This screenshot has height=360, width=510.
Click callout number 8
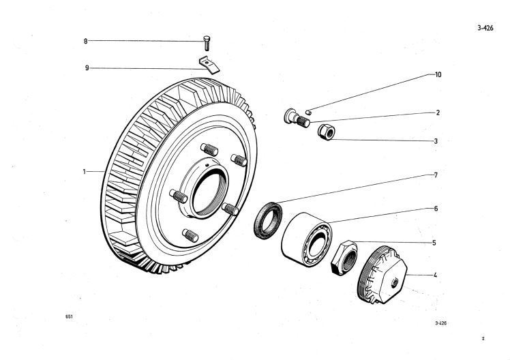(x=86, y=42)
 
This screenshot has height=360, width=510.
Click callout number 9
(x=86, y=67)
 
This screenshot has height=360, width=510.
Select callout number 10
(x=438, y=74)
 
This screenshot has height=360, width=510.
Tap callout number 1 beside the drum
(x=85, y=172)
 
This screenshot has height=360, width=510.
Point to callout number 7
(x=435, y=175)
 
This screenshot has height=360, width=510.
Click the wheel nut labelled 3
(x=325, y=130)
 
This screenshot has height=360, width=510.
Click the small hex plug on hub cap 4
(x=395, y=280)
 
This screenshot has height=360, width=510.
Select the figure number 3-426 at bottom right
(x=441, y=325)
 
